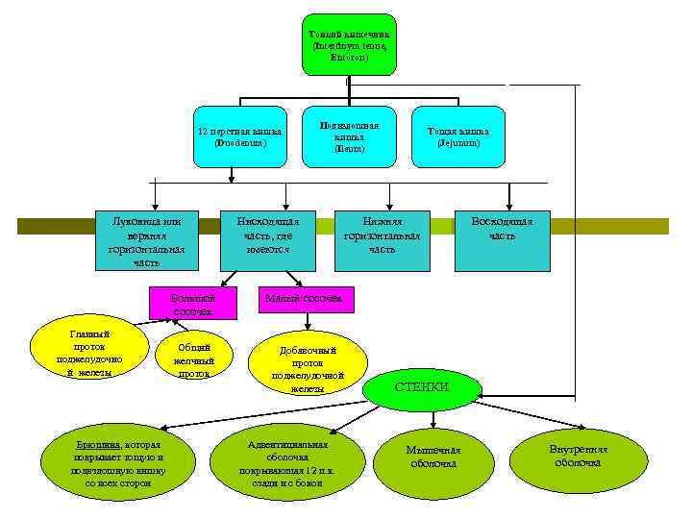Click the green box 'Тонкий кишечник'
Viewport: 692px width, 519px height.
click(x=349, y=44)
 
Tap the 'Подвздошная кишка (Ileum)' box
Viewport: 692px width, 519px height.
click(x=349, y=136)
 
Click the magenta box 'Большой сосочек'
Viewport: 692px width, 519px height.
click(x=193, y=304)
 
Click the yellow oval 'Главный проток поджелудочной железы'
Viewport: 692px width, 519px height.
click(x=89, y=353)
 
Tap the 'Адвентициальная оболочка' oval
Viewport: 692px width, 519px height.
click(x=288, y=458)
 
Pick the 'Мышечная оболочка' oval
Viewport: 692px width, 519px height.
click(x=433, y=457)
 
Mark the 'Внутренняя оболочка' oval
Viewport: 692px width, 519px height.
click(x=578, y=456)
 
